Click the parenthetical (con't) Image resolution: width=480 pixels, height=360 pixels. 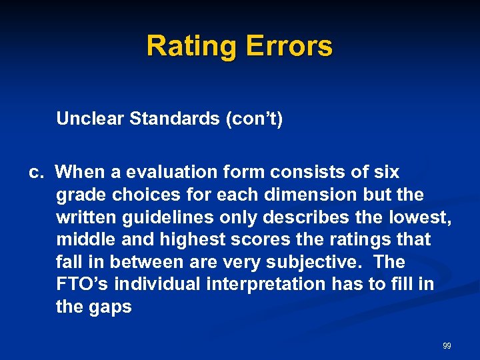[x=254, y=119]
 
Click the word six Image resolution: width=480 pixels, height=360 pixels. [x=385, y=173]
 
